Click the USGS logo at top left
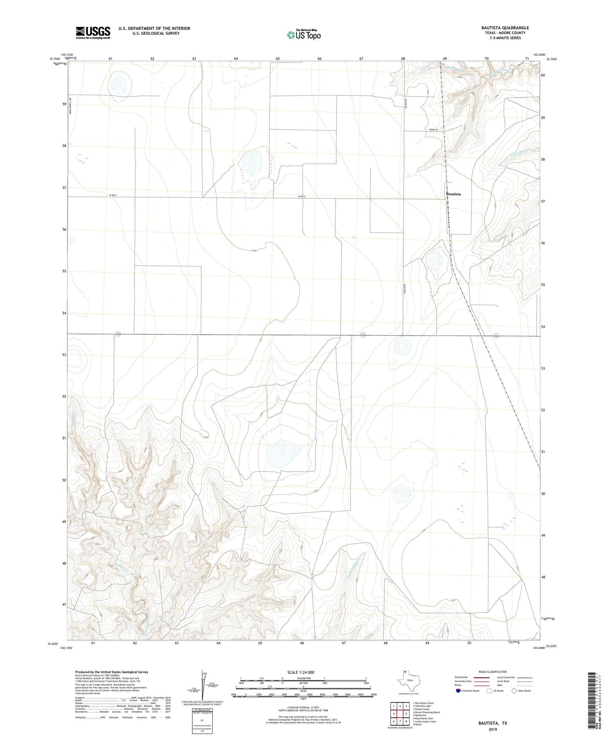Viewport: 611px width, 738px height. click(93, 33)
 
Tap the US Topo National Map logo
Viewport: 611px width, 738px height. click(303, 34)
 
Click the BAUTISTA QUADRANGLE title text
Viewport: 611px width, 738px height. click(505, 28)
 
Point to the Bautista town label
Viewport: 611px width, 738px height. click(453, 194)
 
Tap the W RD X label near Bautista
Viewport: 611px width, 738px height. click(301, 197)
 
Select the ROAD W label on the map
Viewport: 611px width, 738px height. click(433, 130)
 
